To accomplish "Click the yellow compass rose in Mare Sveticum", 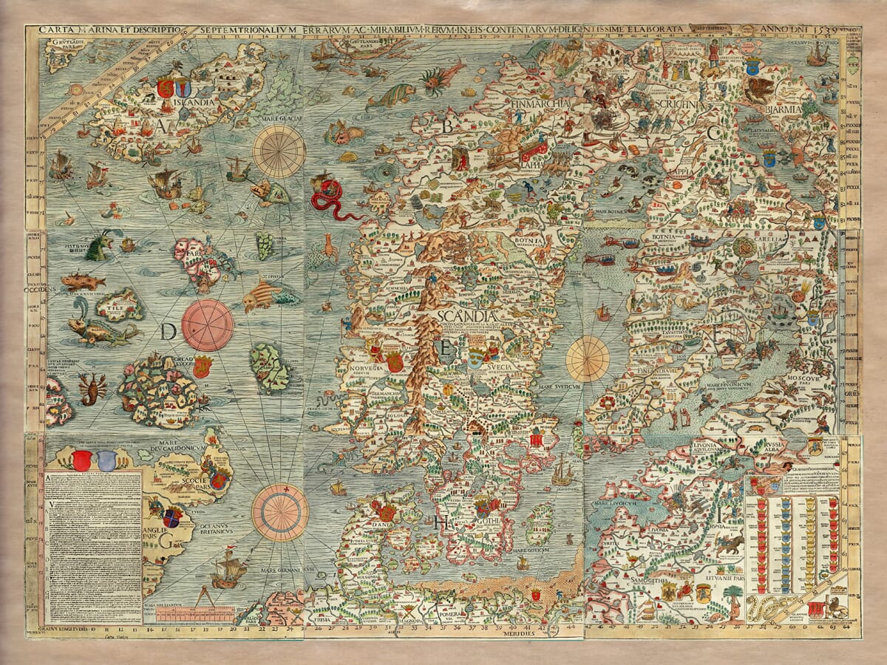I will pos(588,358).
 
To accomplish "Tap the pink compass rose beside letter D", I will pos(207,324).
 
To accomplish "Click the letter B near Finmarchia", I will pos(446,126).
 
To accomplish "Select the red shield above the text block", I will pos(81,461).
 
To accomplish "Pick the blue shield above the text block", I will pos(107,461).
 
